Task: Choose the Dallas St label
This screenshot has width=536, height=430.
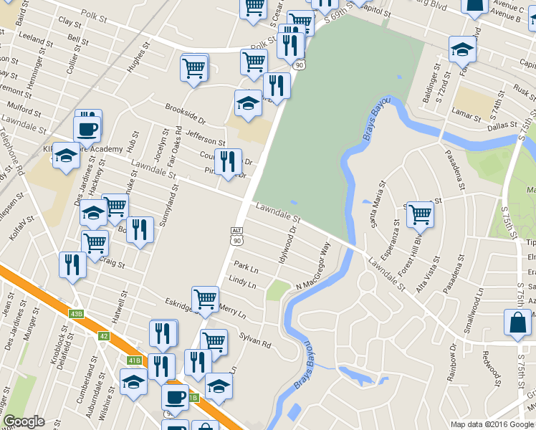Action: [502, 125]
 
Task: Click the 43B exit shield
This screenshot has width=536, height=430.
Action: [77, 314]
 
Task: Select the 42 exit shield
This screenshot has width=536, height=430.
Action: [104, 335]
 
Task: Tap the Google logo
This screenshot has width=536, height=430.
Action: [24, 421]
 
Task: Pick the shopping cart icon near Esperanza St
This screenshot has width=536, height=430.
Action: [420, 214]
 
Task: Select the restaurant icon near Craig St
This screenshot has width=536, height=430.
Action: [72, 265]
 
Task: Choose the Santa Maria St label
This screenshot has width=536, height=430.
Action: [375, 204]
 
